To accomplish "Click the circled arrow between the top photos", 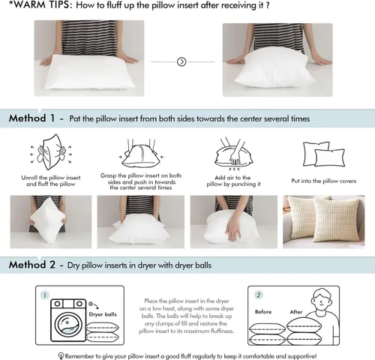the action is pos(181,61).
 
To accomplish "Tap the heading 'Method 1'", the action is pos(31,118).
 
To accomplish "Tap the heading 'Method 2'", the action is pos(32,265).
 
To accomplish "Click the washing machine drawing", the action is pos(68,320).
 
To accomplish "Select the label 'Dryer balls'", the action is pos(103,314).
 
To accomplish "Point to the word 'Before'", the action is pos(263,312).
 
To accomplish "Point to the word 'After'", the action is pos(296,312).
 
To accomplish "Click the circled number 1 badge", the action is pos(44,295).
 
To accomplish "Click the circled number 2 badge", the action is pos(259,295).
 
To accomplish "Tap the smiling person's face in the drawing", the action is pos(322,301).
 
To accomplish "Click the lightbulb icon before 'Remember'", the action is pos(61,355).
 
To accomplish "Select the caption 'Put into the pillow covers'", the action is pos(324,181).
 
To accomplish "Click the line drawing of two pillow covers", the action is pos(324,154).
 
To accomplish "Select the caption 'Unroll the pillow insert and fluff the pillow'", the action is pos(51,181).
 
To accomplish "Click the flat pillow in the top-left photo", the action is pos(90,72).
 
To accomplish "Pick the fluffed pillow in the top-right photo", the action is pos(274,67).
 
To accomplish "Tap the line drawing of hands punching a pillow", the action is pos(233,152).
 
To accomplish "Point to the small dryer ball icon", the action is pos(91,304).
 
